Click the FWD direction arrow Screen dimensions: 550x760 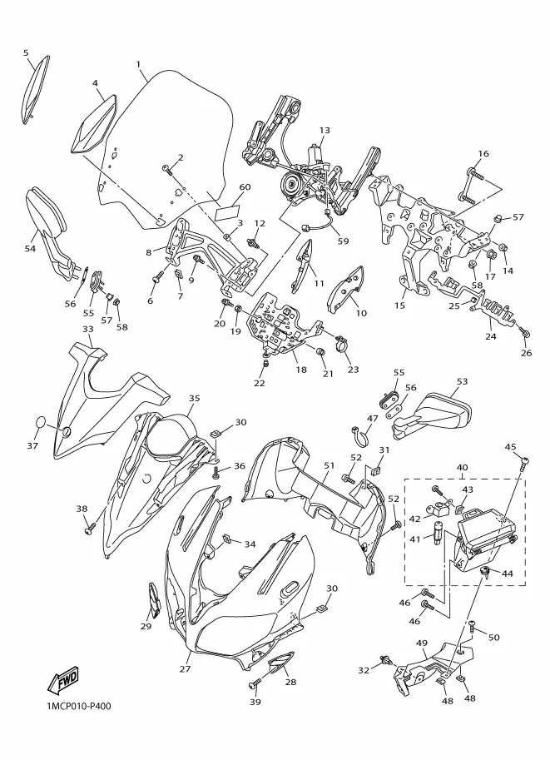(62, 682)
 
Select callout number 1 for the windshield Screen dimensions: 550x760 (138, 64)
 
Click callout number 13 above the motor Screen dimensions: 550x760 (325, 131)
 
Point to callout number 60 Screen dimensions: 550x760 (245, 187)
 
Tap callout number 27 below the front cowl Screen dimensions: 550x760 (185, 669)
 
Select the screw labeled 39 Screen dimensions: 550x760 (255, 685)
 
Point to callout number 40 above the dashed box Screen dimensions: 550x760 (462, 468)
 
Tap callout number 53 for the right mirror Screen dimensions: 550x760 (462, 381)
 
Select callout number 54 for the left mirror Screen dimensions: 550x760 (30, 248)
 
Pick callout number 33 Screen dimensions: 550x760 (87, 329)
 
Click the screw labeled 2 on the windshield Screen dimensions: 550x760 (166, 168)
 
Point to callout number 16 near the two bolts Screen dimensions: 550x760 (483, 154)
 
